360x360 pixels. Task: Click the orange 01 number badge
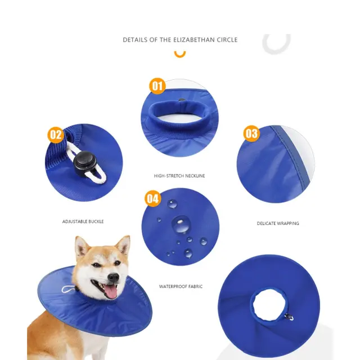click(x=157, y=86)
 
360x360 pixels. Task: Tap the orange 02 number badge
click(x=56, y=135)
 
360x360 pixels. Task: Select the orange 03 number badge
click(x=251, y=133)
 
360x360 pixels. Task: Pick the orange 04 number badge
click(x=152, y=199)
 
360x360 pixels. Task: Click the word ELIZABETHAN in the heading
click(x=193, y=40)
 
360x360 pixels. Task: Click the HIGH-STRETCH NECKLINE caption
click(x=179, y=176)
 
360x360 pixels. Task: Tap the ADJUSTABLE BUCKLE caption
click(x=83, y=222)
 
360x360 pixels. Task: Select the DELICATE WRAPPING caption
click(x=278, y=223)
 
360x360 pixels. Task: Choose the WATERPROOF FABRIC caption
click(x=181, y=286)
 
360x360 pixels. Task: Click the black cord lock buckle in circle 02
click(x=84, y=163)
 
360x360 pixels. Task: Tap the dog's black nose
click(x=114, y=277)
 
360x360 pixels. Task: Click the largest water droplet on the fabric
click(x=181, y=224)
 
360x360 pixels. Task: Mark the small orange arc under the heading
click(x=180, y=55)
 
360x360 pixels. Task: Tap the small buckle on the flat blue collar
click(x=289, y=317)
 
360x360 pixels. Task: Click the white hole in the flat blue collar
click(x=269, y=305)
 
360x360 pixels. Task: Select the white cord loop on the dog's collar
click(x=68, y=290)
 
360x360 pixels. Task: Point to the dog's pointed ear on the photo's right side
click(x=124, y=245)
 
